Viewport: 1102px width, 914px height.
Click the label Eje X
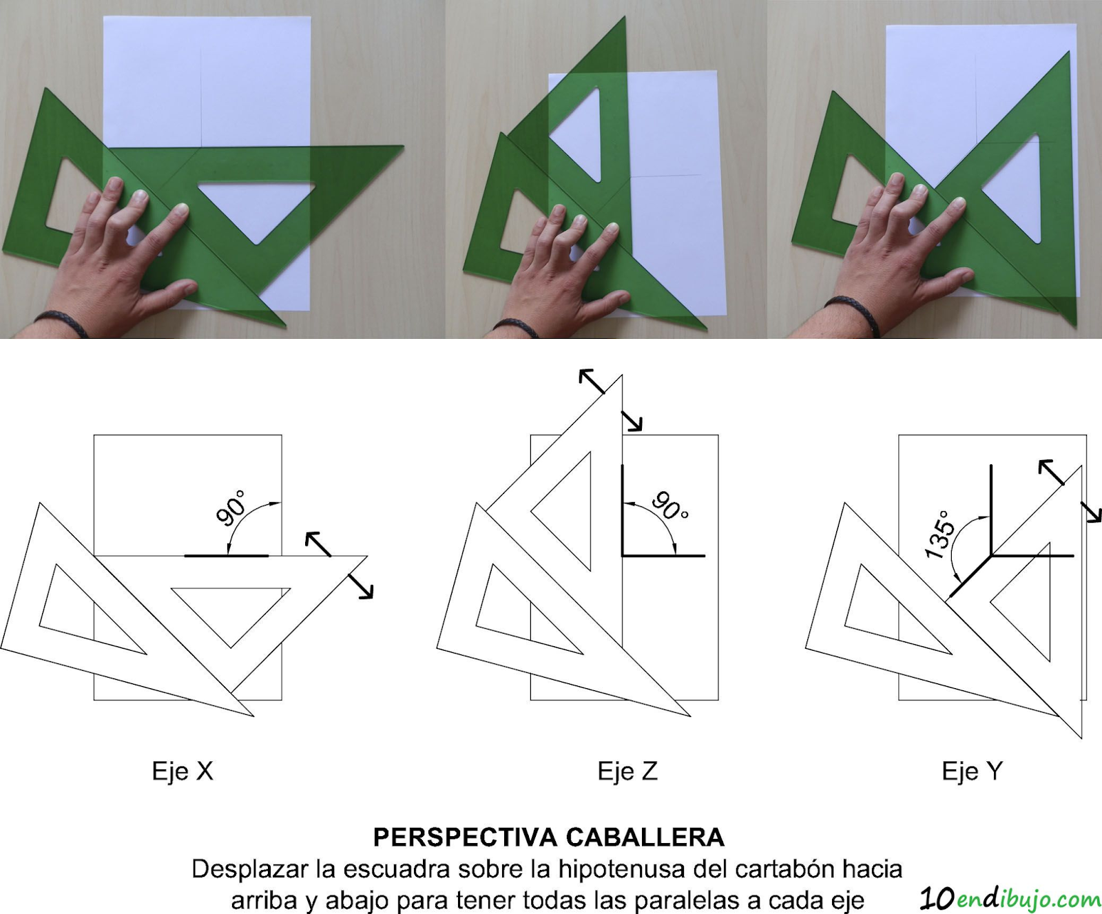click(x=183, y=771)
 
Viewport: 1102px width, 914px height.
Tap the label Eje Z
click(x=627, y=771)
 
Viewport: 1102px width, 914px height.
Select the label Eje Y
click(x=973, y=771)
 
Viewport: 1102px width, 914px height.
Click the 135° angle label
click(x=940, y=534)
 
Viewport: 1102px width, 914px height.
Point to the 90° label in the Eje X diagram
click(x=231, y=508)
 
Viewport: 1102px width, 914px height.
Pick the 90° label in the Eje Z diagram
click(x=669, y=506)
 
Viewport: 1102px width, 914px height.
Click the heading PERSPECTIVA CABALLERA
click(x=549, y=837)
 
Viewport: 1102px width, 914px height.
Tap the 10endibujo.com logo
click(x=1010, y=898)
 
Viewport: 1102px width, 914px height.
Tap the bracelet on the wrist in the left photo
click(x=62, y=322)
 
